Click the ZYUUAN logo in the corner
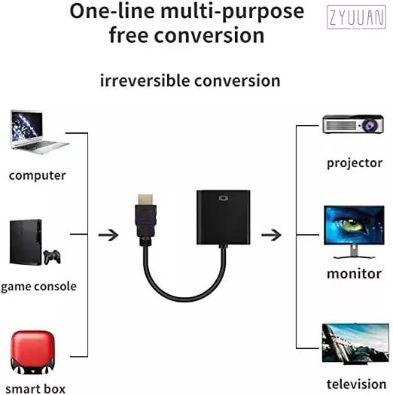pos(356,17)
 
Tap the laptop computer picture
pos(40,132)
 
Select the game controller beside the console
pos(52,257)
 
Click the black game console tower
pos(26,242)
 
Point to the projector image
pos(353,124)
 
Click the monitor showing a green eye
pos(354,232)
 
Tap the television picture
pos(355,344)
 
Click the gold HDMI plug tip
pos(145,199)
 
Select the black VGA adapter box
pos(224,217)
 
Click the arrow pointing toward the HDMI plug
pos(108,235)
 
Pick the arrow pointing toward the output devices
pos(271,235)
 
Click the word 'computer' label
pos(38,175)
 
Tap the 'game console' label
pos(38,287)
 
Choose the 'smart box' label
pos(35,389)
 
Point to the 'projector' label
pos(355,163)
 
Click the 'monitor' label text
pos(354,274)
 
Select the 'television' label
pos(356,384)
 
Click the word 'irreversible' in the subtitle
pos(145,81)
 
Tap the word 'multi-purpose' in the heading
pos(233,12)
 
